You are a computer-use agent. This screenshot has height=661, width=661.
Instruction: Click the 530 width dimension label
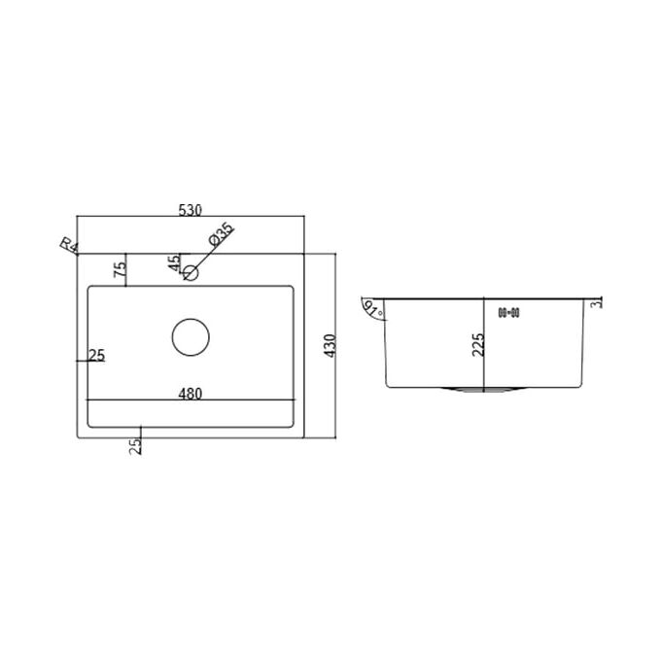[x=191, y=210]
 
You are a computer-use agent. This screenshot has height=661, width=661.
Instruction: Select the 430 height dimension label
[x=330, y=346]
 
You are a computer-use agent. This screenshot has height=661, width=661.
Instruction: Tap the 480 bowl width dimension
[x=191, y=394]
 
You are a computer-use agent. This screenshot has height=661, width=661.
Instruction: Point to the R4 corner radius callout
[x=69, y=245]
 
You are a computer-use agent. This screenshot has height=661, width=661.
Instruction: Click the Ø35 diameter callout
[x=222, y=234]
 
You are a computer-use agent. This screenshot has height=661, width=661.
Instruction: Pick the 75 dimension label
[x=121, y=269]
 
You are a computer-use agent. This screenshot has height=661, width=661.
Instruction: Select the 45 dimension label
[x=173, y=263]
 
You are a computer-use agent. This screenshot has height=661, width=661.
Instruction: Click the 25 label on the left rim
[x=96, y=356]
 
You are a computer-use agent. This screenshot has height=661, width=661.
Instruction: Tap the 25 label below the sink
[x=135, y=446]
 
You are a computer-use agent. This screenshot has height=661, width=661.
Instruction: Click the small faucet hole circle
[x=191, y=273]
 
